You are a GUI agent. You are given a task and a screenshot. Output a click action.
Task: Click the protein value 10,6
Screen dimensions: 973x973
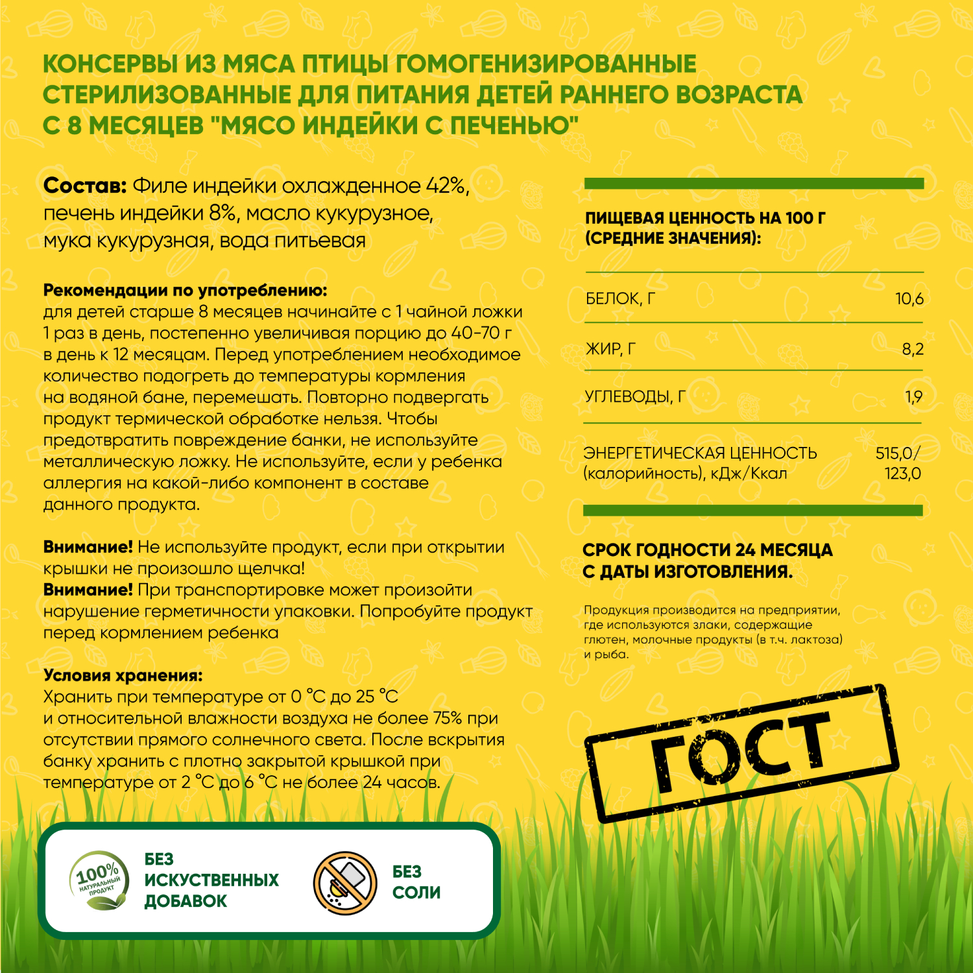coord(909,299)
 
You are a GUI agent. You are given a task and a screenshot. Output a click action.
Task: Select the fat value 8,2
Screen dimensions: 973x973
coord(912,350)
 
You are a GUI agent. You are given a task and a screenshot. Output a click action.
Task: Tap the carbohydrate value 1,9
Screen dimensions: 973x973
coord(913,396)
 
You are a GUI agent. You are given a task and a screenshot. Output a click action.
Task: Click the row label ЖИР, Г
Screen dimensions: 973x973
coord(610,350)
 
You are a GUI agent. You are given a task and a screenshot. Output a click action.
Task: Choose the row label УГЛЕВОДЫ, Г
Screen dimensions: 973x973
coord(635,396)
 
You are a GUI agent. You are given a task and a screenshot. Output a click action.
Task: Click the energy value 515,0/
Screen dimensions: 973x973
coord(898,453)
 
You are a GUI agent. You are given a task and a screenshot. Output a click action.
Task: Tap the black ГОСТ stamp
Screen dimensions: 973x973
coord(742,752)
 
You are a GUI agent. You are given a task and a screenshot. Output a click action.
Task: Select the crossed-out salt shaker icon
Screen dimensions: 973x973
coord(345,883)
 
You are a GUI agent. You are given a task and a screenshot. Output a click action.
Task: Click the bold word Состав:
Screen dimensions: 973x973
coord(84,186)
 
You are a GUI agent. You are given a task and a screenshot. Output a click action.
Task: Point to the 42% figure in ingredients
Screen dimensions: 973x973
coord(446,186)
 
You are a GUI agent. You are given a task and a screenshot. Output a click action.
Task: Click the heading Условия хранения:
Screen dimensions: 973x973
coord(123,675)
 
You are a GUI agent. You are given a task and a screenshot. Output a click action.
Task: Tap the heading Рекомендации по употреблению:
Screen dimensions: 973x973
coord(185,290)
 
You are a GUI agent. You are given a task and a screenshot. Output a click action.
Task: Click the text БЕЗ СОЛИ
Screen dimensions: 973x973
coord(416,882)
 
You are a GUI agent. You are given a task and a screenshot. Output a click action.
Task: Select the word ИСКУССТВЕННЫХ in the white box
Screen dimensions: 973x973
coord(211,880)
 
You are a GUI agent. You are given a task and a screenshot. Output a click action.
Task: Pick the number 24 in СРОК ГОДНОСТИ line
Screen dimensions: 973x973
coord(745,550)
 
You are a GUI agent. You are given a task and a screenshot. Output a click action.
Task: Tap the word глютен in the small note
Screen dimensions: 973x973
coord(605,640)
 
